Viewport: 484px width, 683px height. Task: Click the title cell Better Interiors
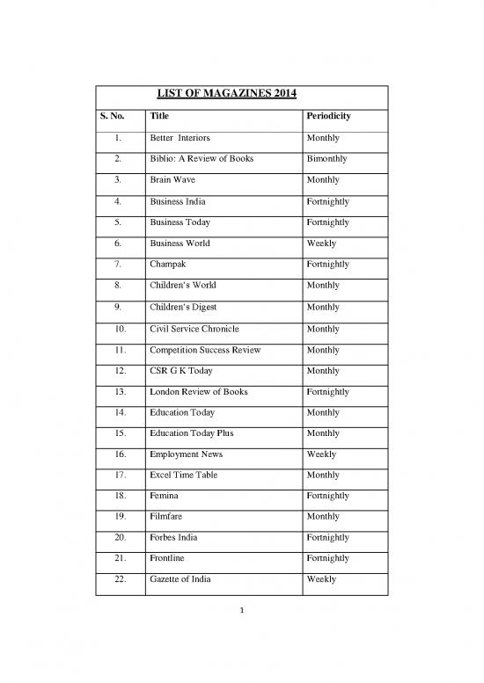(180, 139)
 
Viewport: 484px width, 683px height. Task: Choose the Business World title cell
(180, 243)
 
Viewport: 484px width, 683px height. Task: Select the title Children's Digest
(183, 306)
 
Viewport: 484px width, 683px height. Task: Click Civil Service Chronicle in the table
(193, 327)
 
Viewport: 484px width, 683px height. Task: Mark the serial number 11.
(118, 348)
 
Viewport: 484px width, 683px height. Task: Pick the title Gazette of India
(182, 579)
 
